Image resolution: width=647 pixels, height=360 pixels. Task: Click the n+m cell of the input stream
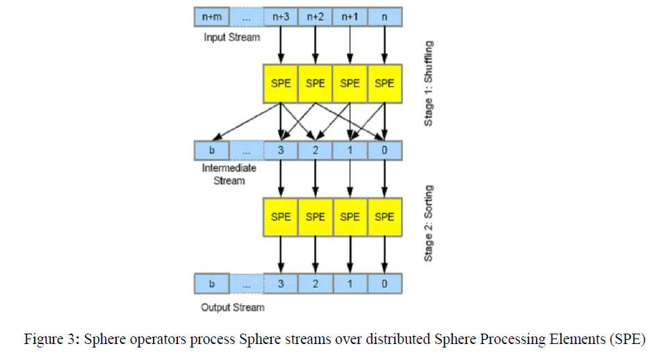click(x=212, y=15)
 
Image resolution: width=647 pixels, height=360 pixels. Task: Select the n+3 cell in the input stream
click(x=281, y=15)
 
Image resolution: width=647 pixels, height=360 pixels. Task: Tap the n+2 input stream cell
click(x=316, y=15)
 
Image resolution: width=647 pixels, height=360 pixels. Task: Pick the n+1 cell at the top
click(x=350, y=15)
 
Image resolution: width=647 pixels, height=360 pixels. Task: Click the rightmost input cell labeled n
click(x=384, y=15)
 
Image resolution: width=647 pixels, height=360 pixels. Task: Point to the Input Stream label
click(x=231, y=37)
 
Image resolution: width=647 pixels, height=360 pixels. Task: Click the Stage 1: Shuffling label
click(x=429, y=83)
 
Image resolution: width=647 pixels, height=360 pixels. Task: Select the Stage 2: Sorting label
click(x=429, y=222)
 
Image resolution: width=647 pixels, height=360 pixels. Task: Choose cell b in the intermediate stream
click(x=212, y=150)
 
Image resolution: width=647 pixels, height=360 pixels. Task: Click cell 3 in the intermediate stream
click(x=281, y=150)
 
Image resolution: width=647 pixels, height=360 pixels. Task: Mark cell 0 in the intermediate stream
click(x=384, y=150)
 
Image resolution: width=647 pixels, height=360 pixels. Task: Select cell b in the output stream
click(x=212, y=284)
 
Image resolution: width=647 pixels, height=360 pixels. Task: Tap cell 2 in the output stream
click(x=316, y=284)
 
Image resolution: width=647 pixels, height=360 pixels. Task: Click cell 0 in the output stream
click(x=384, y=284)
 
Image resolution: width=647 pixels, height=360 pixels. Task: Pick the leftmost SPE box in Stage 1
click(x=281, y=83)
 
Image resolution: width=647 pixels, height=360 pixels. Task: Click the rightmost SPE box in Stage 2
click(x=384, y=217)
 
